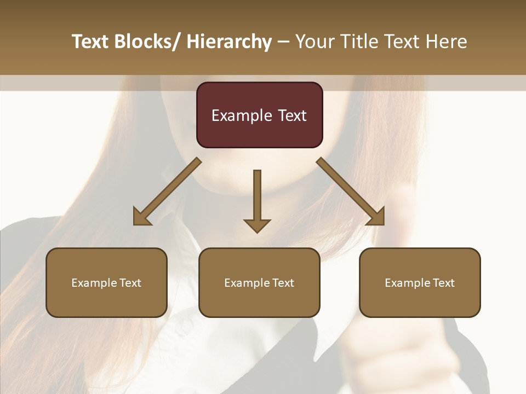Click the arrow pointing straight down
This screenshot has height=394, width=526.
pos(257,197)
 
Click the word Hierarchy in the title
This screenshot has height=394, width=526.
pos(229,42)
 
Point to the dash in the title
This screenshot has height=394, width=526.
pos(283,42)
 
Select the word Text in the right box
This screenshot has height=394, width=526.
pos(443,283)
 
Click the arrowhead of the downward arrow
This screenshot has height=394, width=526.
pos(257,225)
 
